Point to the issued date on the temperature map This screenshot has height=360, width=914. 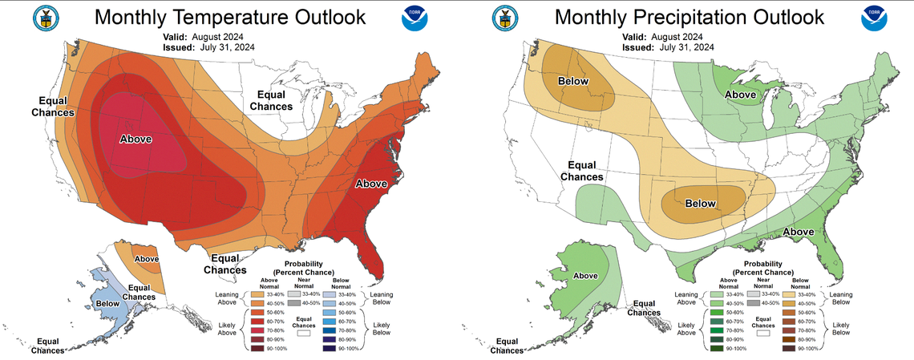(x=220, y=47)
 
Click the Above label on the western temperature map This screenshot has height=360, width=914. (x=136, y=140)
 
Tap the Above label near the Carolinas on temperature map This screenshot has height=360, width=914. (x=371, y=184)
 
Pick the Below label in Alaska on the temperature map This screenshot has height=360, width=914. (x=107, y=304)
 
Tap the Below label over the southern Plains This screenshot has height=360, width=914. (x=699, y=204)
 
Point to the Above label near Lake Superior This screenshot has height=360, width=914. (x=742, y=95)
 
